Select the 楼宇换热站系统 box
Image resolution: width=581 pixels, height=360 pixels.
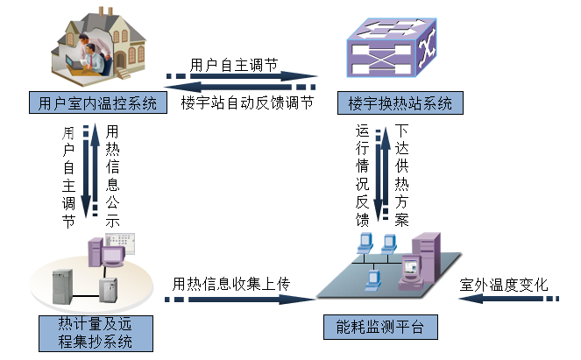point(400,103)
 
